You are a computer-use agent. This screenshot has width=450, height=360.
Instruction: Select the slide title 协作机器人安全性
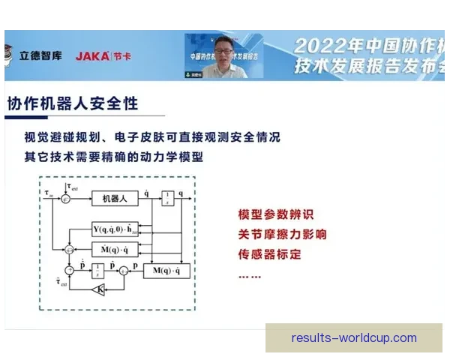[73, 103]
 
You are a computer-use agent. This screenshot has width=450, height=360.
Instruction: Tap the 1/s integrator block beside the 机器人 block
[170, 197]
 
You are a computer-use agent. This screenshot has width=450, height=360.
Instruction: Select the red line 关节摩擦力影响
[282, 235]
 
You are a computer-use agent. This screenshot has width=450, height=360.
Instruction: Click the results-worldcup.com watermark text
[353, 338]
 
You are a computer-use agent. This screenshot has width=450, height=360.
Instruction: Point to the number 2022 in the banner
[315, 44]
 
